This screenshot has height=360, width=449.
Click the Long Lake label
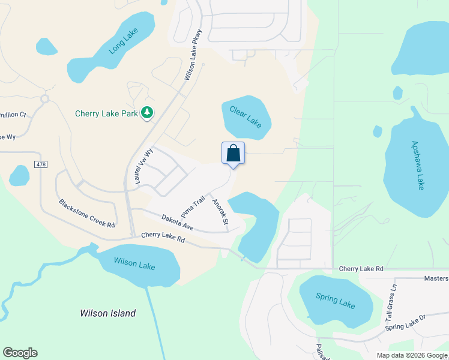(124, 41)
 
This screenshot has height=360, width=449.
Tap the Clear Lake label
(246, 115)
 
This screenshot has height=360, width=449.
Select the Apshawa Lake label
(417, 166)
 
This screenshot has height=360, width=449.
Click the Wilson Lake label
(134, 264)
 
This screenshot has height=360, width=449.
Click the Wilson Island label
(108, 313)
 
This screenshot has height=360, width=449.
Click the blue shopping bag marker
(233, 153)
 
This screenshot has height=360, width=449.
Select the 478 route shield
(40, 164)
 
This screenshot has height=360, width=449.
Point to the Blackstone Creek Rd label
(86, 213)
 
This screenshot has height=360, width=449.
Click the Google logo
(20, 353)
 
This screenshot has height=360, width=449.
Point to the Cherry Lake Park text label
(107, 113)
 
